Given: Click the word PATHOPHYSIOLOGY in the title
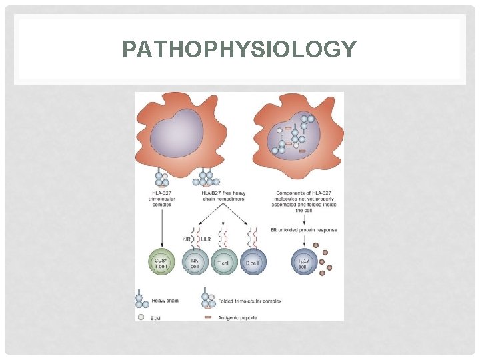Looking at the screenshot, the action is tap(239, 49).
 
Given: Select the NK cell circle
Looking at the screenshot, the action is tap(195, 263).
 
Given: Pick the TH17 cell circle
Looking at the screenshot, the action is tap(304, 263).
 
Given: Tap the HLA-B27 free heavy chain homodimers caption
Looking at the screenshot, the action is tap(223, 198).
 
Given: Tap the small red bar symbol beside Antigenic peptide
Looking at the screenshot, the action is tap(207, 317).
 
